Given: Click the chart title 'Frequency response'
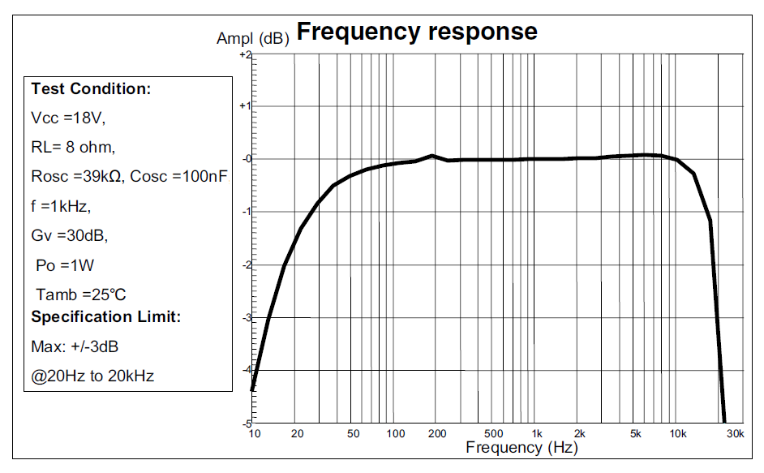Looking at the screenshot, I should coord(417,32).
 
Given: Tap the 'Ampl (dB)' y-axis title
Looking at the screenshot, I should coord(252,38).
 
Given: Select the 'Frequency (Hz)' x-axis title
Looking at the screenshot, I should coord(521,447).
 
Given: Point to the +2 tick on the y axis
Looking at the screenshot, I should coord(246,55).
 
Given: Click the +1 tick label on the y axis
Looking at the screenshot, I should coord(246,106).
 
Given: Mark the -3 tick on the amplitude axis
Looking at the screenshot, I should coord(247,317).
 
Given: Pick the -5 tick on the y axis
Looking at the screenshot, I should coord(247,424).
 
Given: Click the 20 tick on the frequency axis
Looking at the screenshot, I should coord(298,434).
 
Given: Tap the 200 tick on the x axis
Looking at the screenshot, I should coord(436,434).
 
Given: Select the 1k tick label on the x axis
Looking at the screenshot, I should coord(536,434).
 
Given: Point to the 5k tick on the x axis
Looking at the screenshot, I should coord(636,434).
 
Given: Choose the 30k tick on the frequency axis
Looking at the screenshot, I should coord(735,434).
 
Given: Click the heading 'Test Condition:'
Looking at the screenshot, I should coord(91,89).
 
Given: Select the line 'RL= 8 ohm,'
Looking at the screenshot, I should coord(73,147).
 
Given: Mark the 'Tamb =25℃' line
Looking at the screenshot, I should coord(81,294).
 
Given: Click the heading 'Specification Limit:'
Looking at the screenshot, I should coord(105,316).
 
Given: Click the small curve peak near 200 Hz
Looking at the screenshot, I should coord(432,155).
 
